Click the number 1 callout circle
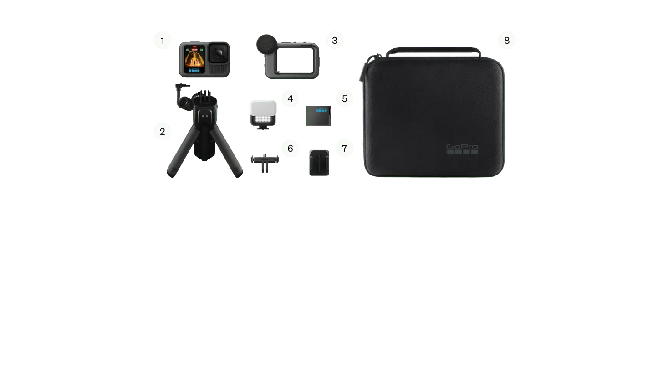coord(162,40)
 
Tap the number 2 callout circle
coord(162,132)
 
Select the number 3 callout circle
coord(334,40)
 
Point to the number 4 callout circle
coord(290,98)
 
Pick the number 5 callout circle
coord(344,98)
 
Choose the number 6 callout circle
coord(290,148)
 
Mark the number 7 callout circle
coord(344,148)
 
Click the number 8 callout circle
coord(506,40)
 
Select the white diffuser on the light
coord(263,107)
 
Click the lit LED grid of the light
coord(263,119)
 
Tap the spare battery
coord(319,115)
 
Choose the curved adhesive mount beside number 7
coord(319,162)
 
